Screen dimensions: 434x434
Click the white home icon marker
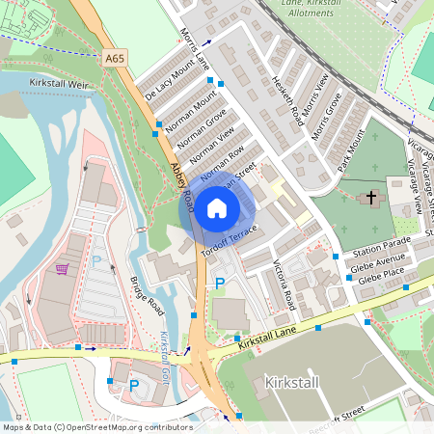coord(217,207)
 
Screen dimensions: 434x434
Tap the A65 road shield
coord(115,58)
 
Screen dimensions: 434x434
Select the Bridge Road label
coord(147,293)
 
